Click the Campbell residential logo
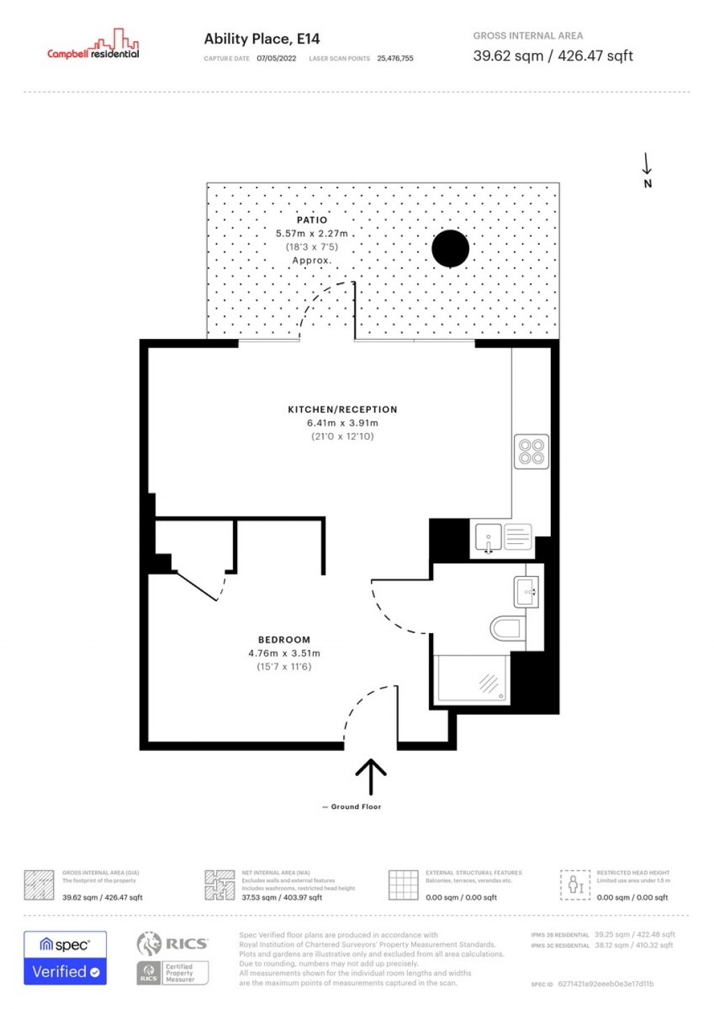[93, 45]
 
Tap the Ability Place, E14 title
[261, 39]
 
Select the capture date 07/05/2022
[276, 59]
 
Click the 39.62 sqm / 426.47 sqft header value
[552, 56]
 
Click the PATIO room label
[312, 220]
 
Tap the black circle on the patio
[450, 249]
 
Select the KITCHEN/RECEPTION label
[342, 409]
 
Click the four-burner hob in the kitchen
[531, 452]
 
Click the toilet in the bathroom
[506, 628]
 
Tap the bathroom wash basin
[526, 592]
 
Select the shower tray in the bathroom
[471, 679]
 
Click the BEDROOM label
[284, 639]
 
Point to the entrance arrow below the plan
[371, 776]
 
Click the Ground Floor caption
[356, 807]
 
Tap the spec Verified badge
[65, 958]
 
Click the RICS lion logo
[149, 943]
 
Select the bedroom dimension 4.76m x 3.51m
[284, 653]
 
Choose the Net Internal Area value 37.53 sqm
[282, 897]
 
